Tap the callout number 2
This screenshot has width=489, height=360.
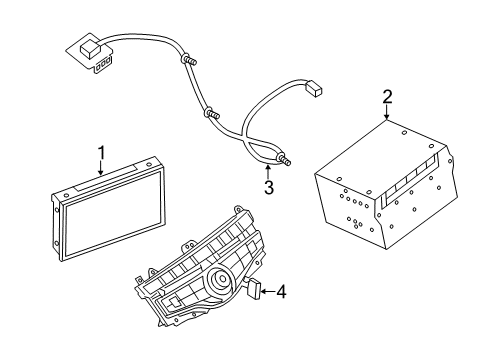click(x=387, y=97)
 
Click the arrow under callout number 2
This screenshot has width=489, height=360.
click(x=387, y=116)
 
